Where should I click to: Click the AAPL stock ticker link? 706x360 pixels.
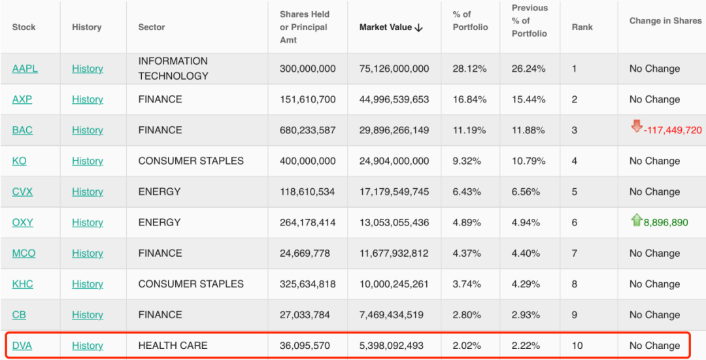click(x=25, y=69)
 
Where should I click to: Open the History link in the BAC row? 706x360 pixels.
click(x=88, y=130)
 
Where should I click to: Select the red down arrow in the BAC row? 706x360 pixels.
click(x=636, y=126)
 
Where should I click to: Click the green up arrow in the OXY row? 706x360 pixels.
click(x=636, y=220)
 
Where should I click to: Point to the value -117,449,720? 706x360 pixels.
click(x=673, y=131)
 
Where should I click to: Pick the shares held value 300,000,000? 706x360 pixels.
click(x=307, y=69)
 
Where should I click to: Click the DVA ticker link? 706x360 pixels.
click(x=22, y=346)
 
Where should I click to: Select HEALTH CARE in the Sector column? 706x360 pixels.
click(x=173, y=346)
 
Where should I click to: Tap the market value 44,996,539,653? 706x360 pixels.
click(x=394, y=99)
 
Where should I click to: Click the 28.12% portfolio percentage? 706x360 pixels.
click(x=469, y=69)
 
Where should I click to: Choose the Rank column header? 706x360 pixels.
click(x=582, y=27)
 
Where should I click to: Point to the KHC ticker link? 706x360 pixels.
click(x=23, y=284)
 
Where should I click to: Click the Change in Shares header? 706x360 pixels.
click(x=665, y=21)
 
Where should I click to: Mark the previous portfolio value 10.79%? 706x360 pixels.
click(x=529, y=161)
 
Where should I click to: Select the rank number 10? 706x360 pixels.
click(x=577, y=346)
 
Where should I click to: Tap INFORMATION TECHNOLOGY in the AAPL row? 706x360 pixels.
click(x=173, y=69)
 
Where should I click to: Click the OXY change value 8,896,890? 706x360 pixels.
click(x=665, y=223)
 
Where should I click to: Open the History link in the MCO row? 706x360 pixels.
click(x=88, y=254)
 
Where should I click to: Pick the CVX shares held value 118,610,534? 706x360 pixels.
click(x=307, y=191)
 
